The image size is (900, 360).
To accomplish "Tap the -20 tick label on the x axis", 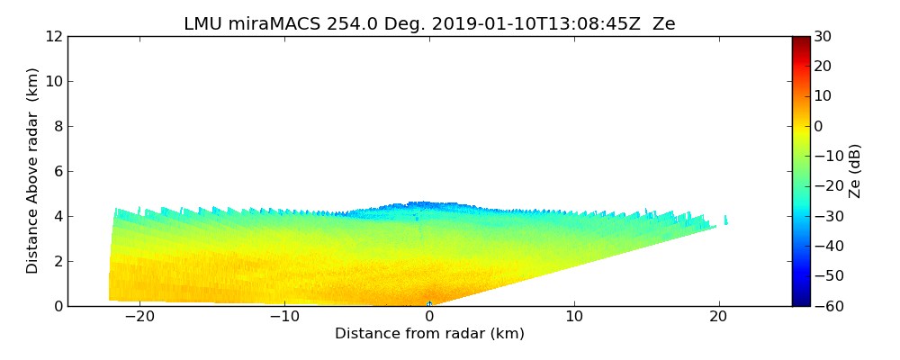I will tap(139, 317).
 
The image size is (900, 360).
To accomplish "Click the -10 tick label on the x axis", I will tap(284, 317).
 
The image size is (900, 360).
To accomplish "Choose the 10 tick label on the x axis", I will tap(574, 317).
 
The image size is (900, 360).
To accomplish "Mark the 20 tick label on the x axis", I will tap(718, 317).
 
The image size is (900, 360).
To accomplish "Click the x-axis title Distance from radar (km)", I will tap(429, 334).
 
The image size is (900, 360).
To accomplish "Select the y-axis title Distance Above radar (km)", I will tap(33, 171).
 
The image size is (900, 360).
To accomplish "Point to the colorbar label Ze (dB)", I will tap(855, 171).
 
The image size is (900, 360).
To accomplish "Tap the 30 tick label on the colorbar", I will tap(823, 36).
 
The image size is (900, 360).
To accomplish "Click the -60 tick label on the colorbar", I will tap(826, 306).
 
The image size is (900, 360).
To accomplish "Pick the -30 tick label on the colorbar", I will tap(826, 216).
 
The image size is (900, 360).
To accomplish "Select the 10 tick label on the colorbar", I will tap(823, 96).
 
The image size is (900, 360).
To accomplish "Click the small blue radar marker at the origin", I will tap(429, 304).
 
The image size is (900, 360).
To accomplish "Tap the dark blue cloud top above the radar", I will tap(423, 205).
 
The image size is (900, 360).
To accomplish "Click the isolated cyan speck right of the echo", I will tap(725, 220).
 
